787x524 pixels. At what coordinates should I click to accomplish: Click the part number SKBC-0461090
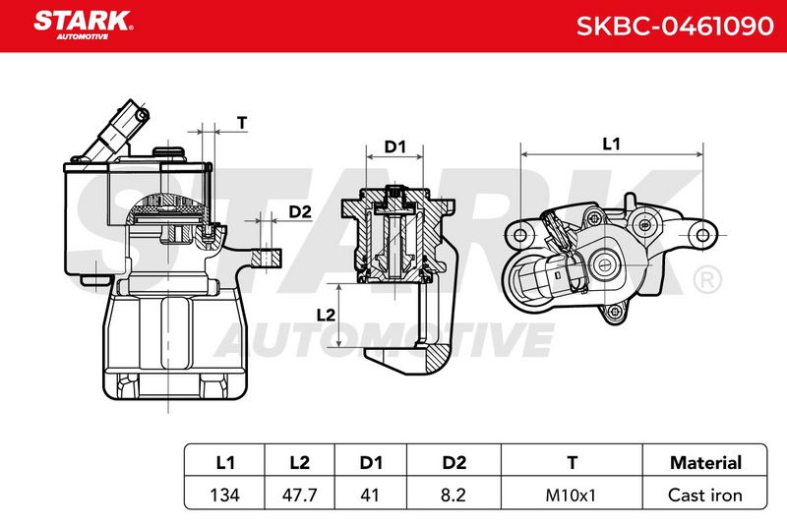tap(675, 27)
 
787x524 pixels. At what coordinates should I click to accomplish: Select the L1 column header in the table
tap(225, 462)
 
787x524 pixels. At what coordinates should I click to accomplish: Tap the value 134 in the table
tap(225, 495)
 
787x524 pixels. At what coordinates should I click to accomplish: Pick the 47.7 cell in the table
tap(300, 495)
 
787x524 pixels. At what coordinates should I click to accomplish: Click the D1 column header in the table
tap(371, 462)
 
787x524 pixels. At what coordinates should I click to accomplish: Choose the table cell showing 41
tap(370, 495)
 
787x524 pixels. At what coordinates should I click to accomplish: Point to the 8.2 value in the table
tap(454, 495)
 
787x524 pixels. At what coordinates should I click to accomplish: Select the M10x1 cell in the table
tap(571, 495)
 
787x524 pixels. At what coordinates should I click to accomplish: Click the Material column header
tap(705, 462)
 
